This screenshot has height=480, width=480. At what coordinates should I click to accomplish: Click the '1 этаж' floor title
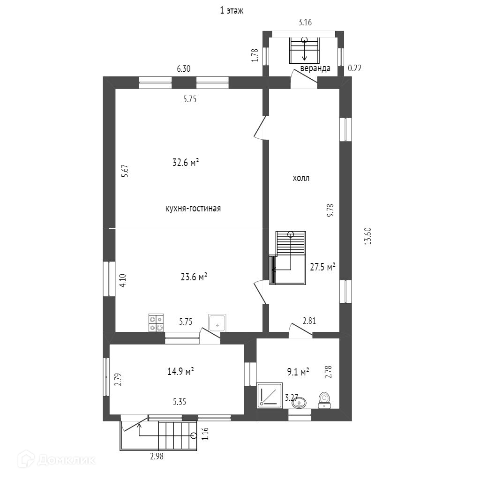point(232,10)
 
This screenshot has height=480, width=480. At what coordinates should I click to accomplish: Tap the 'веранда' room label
point(315,68)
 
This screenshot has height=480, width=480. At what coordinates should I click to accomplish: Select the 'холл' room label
point(301,178)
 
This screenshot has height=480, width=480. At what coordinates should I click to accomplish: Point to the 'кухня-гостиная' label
point(193,209)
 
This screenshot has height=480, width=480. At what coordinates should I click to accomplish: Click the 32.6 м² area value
point(186,163)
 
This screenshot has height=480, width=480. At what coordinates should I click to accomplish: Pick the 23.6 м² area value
point(194,277)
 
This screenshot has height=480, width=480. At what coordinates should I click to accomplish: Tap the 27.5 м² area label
point(323,267)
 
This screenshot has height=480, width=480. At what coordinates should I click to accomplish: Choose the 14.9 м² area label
point(181,372)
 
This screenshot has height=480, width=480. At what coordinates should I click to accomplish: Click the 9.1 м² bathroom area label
point(298,372)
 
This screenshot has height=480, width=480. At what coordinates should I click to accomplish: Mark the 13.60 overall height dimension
point(367,236)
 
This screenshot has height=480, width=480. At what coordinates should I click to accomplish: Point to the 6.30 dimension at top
point(183,68)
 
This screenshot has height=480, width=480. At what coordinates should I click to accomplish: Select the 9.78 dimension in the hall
point(330,210)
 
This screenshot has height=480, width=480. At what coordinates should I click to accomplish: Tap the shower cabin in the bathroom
point(270,395)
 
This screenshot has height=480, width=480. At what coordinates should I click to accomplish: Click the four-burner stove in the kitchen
point(156,323)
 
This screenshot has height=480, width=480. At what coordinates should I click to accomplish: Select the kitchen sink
point(217,322)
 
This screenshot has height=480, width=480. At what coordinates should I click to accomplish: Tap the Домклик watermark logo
point(59,459)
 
